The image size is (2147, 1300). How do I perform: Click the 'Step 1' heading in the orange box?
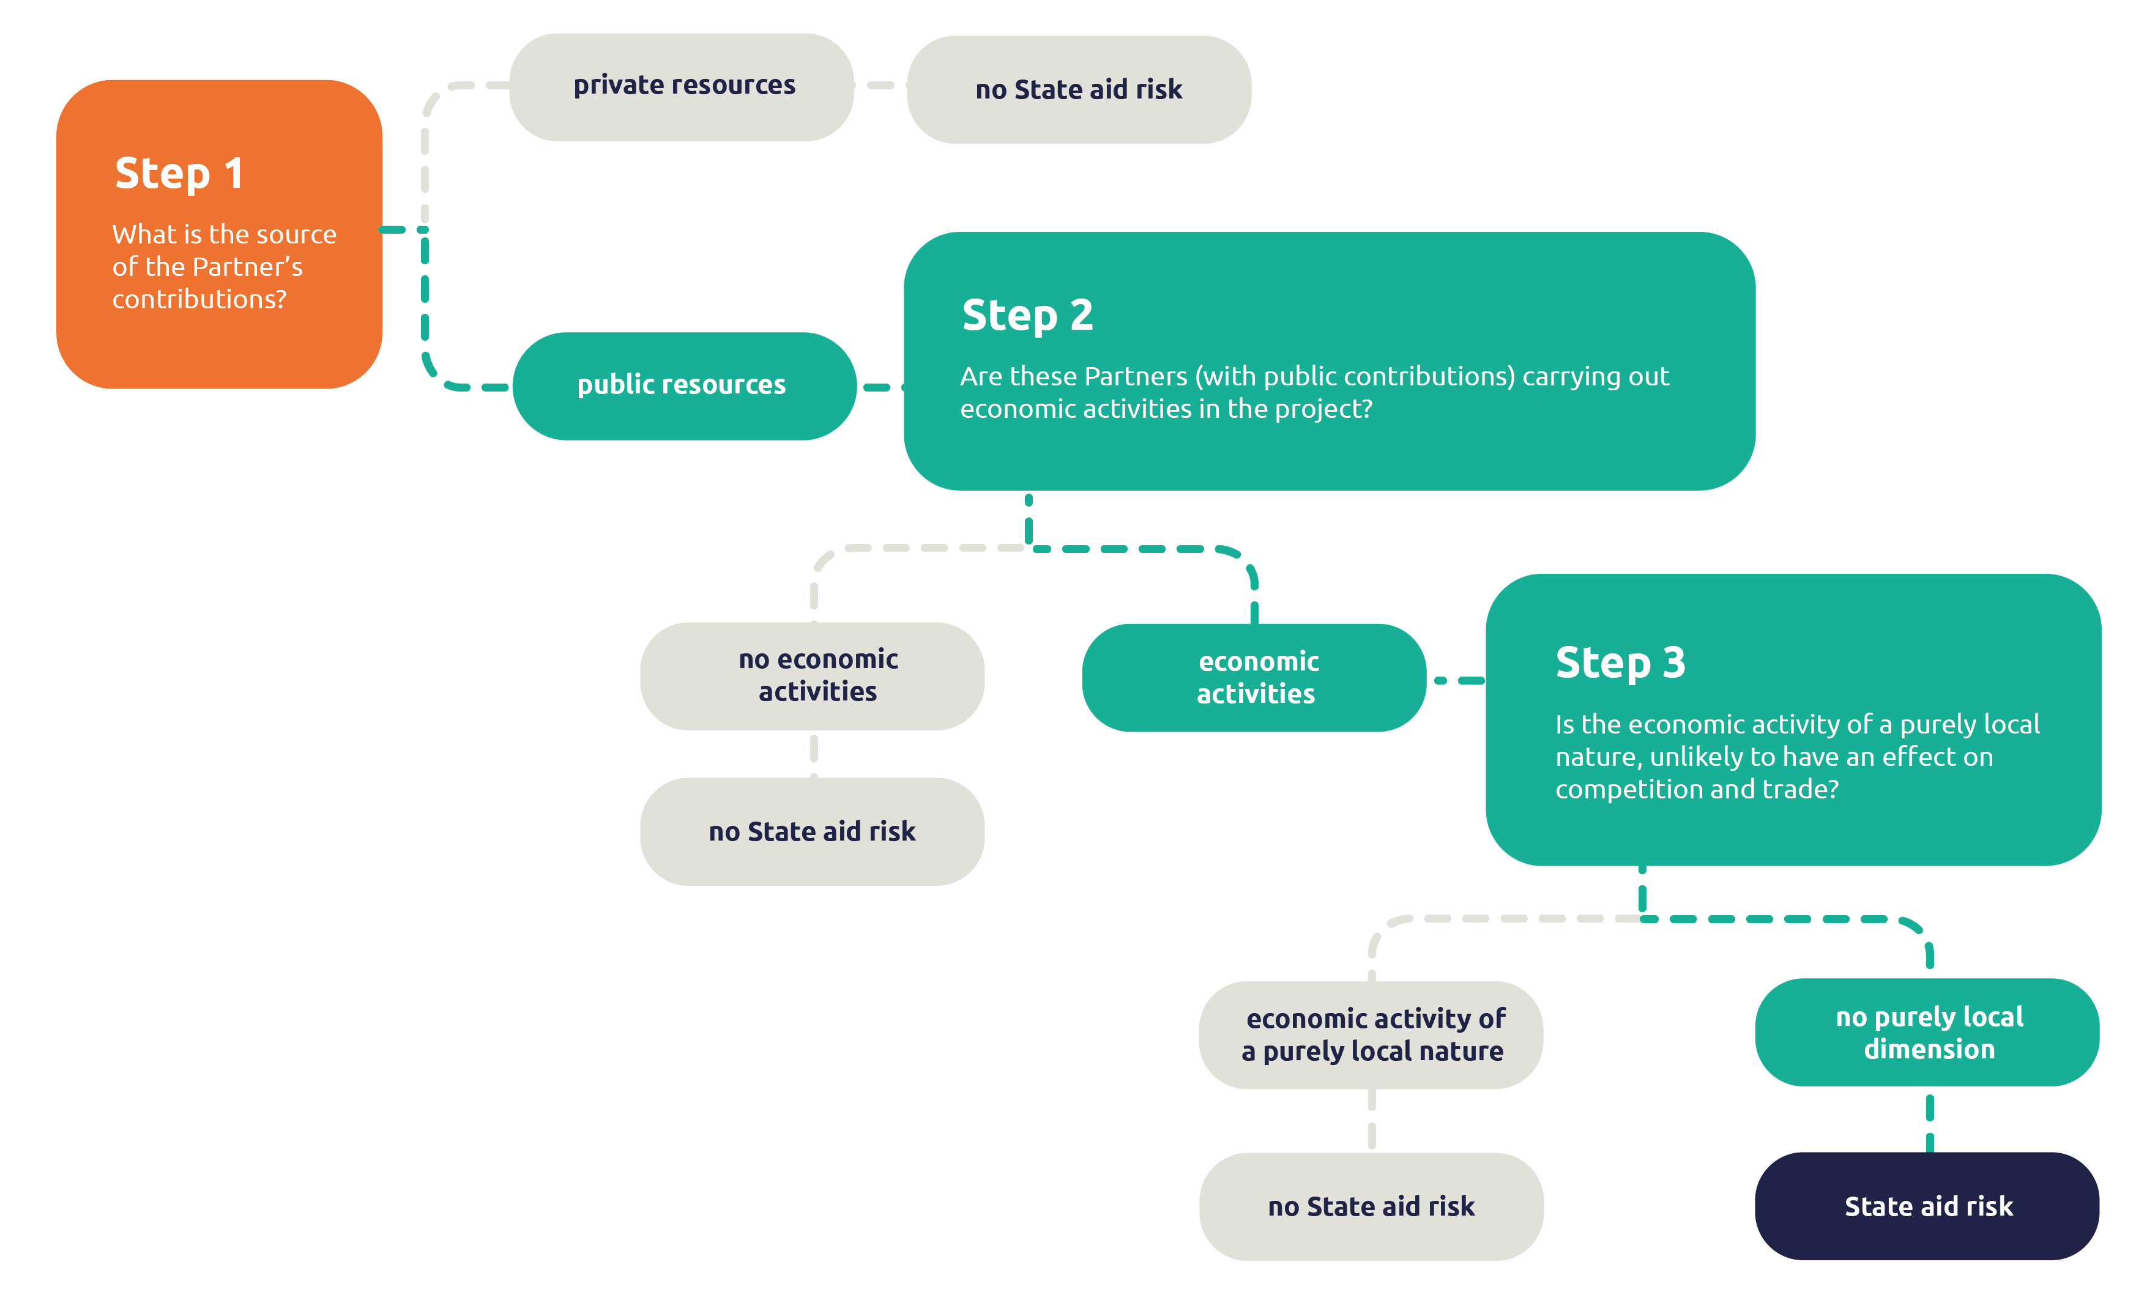(179, 173)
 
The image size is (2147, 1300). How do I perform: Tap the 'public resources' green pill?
(682, 385)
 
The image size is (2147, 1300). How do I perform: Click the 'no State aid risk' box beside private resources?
(1078, 90)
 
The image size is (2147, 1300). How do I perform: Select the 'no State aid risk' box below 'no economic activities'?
(812, 831)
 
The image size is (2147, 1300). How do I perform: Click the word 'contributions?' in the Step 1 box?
(199, 299)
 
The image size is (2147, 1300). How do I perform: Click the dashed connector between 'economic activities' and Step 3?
(1458, 680)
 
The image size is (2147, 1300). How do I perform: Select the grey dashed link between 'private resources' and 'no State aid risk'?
(880, 86)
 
